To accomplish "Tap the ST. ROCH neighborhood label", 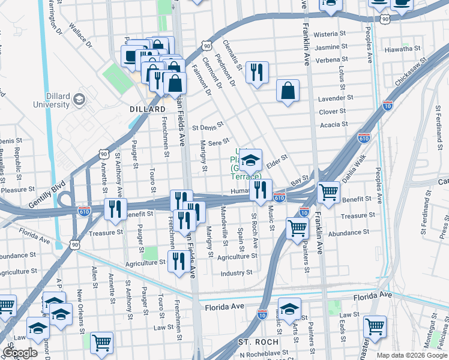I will click(x=258, y=342).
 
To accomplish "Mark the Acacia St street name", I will click(x=335, y=124).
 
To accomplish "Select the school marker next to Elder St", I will click(x=251, y=160).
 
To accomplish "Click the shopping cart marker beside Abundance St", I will click(x=297, y=228).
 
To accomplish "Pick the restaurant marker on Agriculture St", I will click(x=178, y=261).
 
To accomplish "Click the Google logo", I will click(x=20, y=353).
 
